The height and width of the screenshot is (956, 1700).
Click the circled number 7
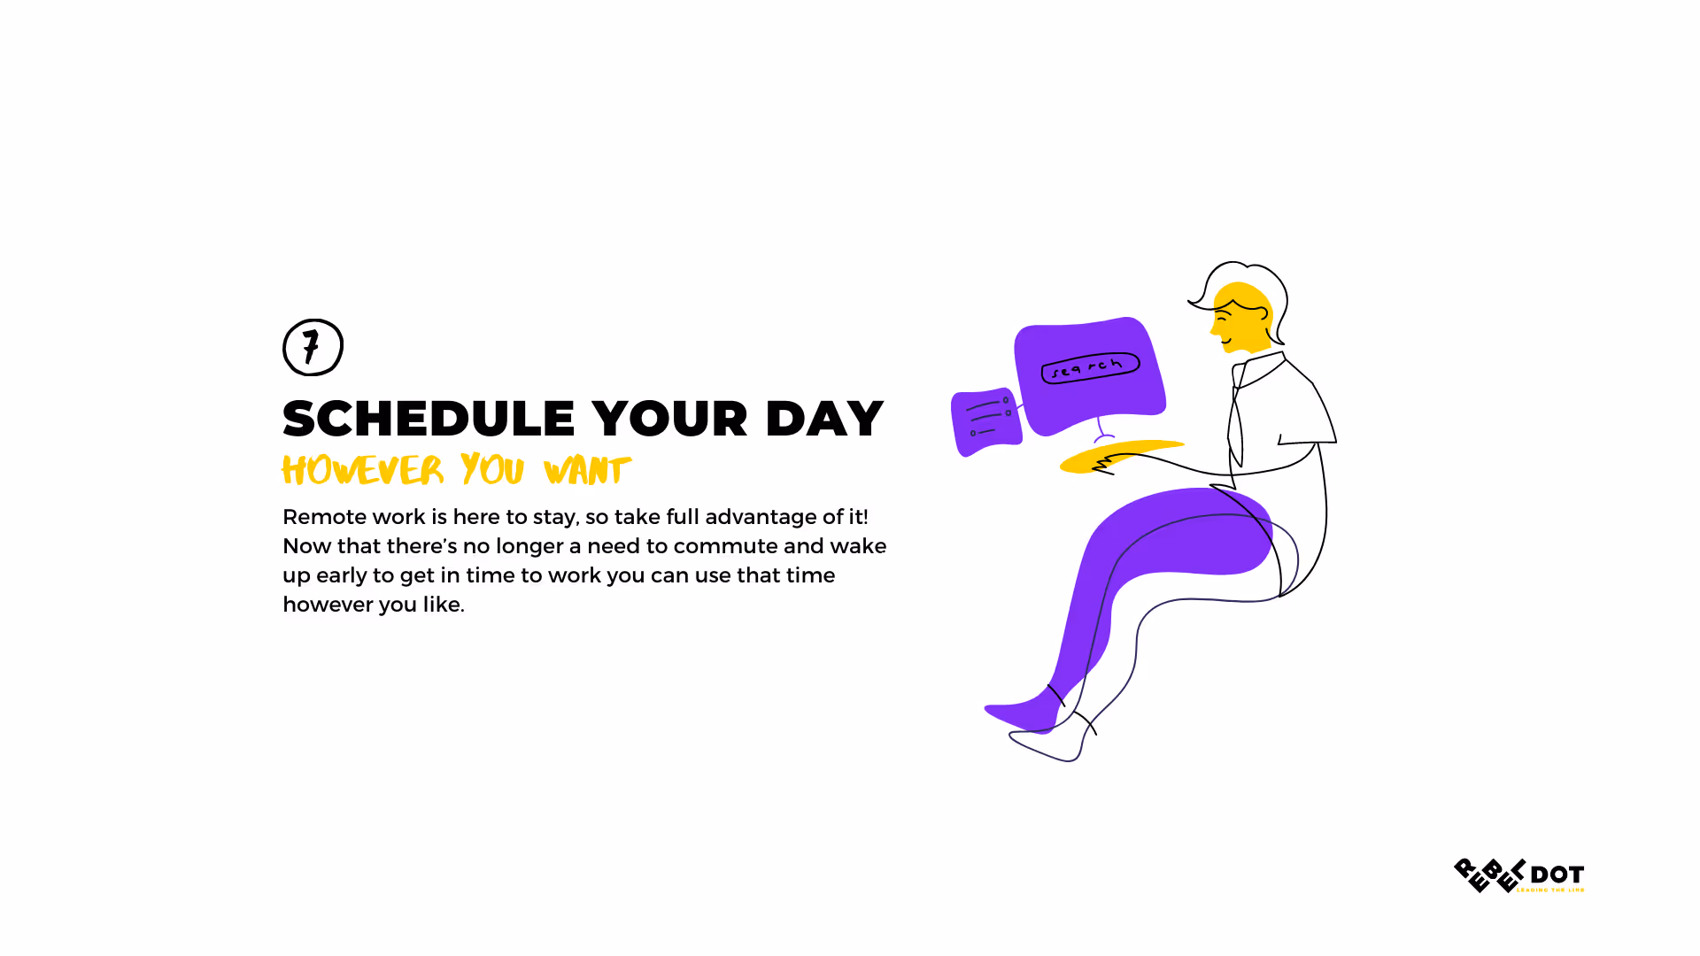[313, 347]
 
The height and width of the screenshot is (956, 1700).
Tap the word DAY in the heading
[824, 419]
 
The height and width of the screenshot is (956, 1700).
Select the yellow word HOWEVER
[362, 470]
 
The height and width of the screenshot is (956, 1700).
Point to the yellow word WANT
[587, 470]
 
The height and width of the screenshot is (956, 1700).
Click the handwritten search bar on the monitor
[1090, 368]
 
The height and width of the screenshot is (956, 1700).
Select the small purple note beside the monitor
[985, 421]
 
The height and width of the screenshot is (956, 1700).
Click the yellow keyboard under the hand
[1121, 455]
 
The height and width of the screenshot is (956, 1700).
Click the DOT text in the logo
[1557, 875]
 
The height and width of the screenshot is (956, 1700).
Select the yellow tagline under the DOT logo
[1550, 890]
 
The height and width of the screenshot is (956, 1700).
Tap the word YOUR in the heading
[669, 419]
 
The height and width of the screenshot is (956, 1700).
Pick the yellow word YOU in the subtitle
[492, 470]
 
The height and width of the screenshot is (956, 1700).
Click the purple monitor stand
[1102, 431]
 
